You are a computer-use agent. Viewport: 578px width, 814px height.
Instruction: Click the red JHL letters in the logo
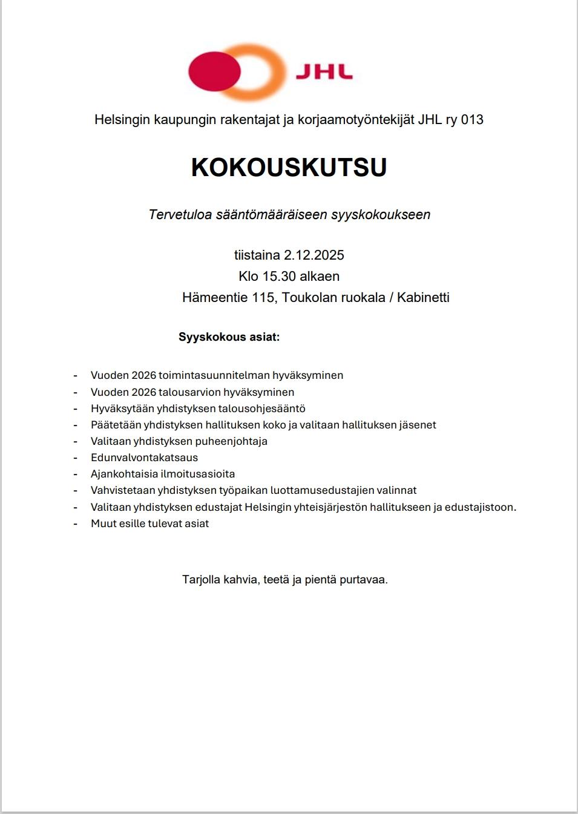click(x=324, y=72)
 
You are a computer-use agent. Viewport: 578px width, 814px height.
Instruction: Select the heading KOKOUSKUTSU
click(x=289, y=168)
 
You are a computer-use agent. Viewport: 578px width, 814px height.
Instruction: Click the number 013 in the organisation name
click(x=472, y=120)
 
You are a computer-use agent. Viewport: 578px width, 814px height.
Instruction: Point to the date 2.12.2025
click(x=314, y=255)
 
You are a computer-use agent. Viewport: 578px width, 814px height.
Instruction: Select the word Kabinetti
click(x=423, y=298)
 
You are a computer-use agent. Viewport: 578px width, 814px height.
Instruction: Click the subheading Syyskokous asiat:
click(x=229, y=337)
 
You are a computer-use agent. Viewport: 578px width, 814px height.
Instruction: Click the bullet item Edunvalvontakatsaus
click(x=144, y=458)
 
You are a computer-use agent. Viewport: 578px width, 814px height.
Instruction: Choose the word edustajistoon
click(x=480, y=507)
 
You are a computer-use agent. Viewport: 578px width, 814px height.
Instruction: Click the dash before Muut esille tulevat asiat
click(x=76, y=524)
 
